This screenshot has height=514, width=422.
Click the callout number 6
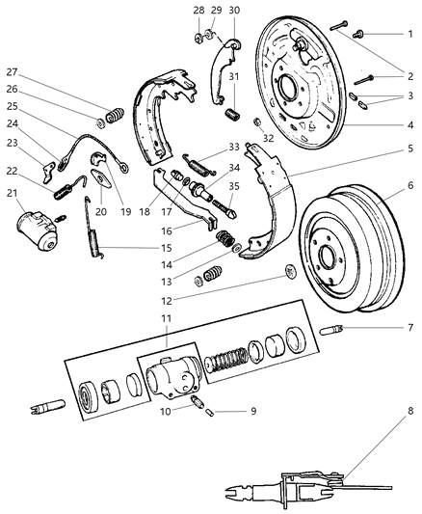pyautogui.click(x=410, y=185)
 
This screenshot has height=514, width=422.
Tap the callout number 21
pyautogui.click(x=13, y=194)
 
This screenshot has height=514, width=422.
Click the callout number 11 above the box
pyautogui.click(x=166, y=318)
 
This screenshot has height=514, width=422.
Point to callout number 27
pyautogui.click(x=13, y=70)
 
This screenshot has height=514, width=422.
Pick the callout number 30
pyautogui.click(x=234, y=10)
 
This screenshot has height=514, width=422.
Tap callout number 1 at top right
pyautogui.click(x=411, y=34)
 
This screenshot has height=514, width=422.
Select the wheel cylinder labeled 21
pyautogui.click(x=37, y=230)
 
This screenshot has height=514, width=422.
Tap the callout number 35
pyautogui.click(x=234, y=183)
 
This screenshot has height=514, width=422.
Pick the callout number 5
pyautogui.click(x=411, y=149)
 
